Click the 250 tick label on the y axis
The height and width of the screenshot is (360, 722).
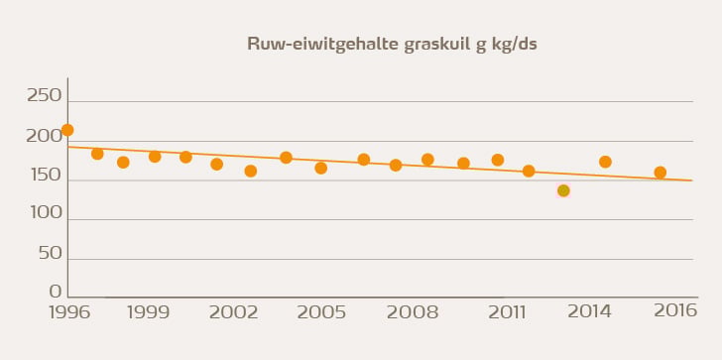point(43,96)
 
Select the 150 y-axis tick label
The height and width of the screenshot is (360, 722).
point(43,176)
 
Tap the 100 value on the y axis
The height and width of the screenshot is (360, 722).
point(43,213)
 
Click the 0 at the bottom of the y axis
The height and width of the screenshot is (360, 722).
point(56,292)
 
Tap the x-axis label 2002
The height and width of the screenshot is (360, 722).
point(234,312)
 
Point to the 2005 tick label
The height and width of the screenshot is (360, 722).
point(321,312)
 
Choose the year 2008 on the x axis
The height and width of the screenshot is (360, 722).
point(413,312)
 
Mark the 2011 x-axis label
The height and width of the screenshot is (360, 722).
point(507,312)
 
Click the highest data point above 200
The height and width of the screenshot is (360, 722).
point(67,130)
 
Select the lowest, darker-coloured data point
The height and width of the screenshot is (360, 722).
point(563,190)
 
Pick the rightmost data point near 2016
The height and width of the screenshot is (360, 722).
point(661,173)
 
